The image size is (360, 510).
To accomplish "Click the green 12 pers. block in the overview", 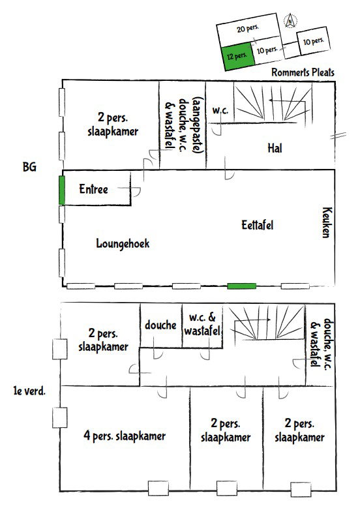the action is click(238, 57).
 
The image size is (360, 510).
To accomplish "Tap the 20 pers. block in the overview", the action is click(248, 29).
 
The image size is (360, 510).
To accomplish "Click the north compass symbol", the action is click(290, 21).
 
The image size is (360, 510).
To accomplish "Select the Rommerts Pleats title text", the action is click(303, 72).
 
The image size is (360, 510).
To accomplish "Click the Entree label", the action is click(93, 189).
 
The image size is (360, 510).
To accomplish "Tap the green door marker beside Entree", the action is click(62, 190).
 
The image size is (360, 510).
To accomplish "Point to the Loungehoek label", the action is click(123, 244).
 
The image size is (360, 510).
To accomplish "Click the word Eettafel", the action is click(257, 225).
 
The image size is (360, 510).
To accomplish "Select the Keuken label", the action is click(327, 222).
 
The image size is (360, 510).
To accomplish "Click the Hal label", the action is click(275, 148).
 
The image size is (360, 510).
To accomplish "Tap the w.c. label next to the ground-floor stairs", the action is click(220, 110).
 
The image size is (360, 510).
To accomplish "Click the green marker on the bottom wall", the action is click(241, 286).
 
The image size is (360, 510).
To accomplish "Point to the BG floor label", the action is click(29, 167).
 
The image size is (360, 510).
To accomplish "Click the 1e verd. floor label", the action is click(29, 391).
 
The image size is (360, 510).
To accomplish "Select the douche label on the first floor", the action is click(160, 325).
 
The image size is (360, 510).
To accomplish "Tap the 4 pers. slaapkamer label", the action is click(125, 436).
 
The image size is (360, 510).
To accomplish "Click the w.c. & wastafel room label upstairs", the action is click(202, 324).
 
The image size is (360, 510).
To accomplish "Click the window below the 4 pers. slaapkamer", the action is click(158, 488).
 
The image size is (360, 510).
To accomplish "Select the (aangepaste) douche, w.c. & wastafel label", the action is click(184, 125).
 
